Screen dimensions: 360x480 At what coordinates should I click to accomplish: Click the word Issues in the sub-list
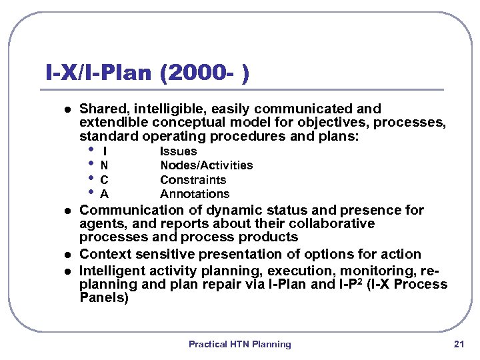(x=178, y=151)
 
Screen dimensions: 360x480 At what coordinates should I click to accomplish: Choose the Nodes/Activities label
(x=206, y=165)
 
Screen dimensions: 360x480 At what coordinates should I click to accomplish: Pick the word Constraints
(x=193, y=180)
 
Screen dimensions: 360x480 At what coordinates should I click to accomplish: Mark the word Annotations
(x=194, y=195)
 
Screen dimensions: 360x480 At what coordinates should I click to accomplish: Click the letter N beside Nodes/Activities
(x=104, y=165)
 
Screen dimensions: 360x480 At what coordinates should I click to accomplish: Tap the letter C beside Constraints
(x=104, y=180)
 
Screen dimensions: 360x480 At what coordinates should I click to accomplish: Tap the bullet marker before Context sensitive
(x=56, y=255)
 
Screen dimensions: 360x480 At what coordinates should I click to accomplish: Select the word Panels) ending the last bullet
(x=103, y=298)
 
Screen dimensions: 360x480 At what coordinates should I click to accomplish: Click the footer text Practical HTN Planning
(x=239, y=345)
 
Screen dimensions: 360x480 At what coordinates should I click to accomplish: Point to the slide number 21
(x=458, y=345)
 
